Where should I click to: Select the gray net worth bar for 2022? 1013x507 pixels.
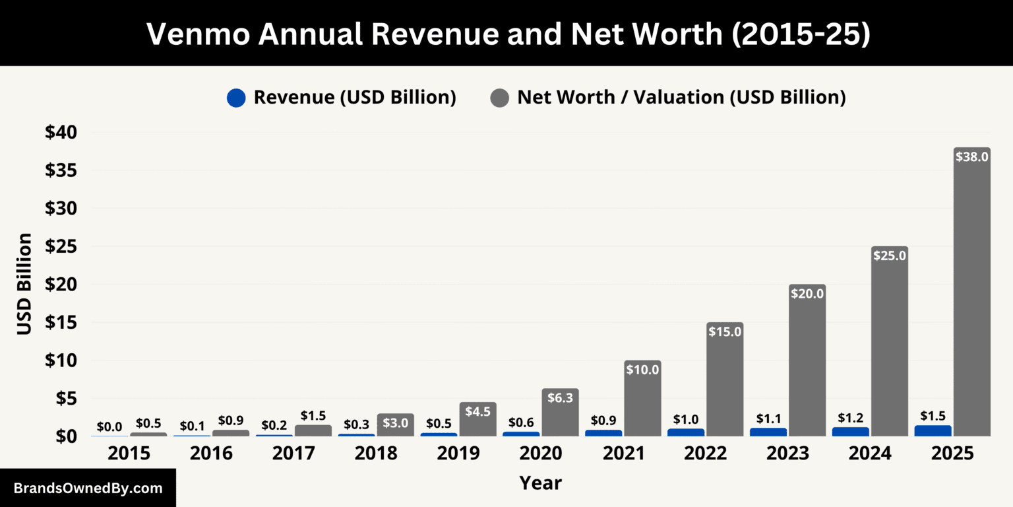click(725, 383)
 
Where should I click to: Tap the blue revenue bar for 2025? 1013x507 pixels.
click(933, 431)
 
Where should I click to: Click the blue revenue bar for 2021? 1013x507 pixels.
click(603, 433)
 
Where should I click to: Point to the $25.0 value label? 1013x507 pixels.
click(890, 255)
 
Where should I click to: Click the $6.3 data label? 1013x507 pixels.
click(560, 397)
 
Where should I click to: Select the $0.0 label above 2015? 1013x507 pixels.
click(109, 426)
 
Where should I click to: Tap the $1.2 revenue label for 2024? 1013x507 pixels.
click(850, 418)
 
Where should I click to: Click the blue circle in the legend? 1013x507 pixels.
click(236, 98)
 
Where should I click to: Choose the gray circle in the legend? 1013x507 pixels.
click(499, 98)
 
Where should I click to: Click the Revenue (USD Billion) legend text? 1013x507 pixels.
click(355, 98)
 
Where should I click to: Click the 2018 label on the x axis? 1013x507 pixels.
click(376, 454)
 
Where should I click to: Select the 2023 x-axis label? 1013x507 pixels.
click(787, 454)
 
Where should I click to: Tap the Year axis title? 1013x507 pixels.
click(540, 483)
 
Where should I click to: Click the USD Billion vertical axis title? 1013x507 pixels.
click(24, 284)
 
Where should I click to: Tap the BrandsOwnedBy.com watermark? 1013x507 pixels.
click(88, 489)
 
